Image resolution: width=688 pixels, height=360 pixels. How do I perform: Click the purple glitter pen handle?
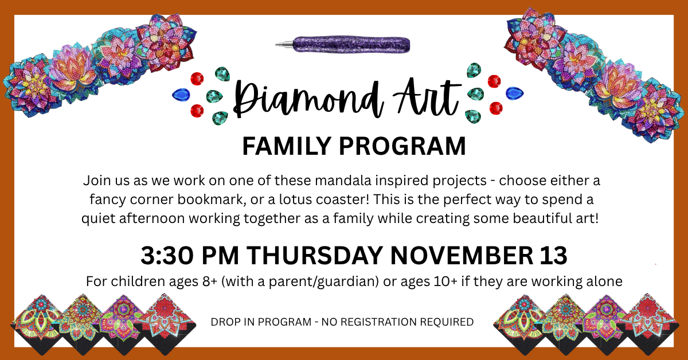[x=352, y=43]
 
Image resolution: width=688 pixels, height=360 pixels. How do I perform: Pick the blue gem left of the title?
[x=182, y=93]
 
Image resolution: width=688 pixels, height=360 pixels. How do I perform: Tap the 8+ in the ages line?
[x=205, y=282]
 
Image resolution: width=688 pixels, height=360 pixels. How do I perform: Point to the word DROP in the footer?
[x=224, y=322]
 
